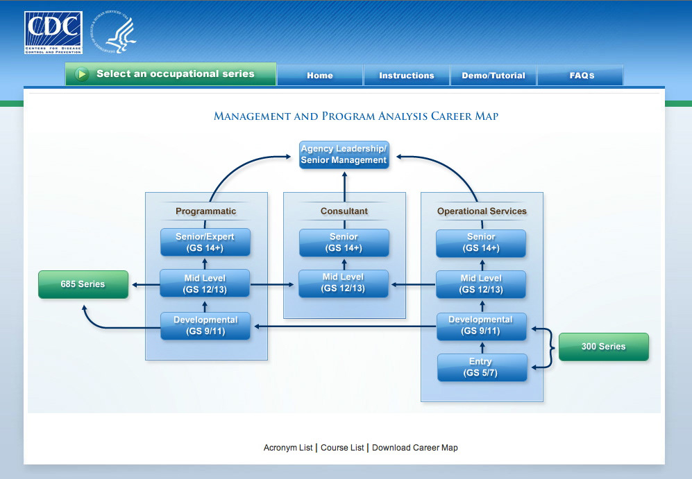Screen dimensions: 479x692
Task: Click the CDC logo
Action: [53, 33]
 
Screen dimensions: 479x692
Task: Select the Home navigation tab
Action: [320, 76]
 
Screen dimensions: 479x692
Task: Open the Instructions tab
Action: [407, 76]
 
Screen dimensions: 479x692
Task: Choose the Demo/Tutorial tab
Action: [493, 76]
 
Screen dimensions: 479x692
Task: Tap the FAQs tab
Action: [582, 76]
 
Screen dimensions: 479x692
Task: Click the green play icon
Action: [82, 74]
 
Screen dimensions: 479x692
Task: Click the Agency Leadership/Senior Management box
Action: [344, 155]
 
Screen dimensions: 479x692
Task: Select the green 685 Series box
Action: [83, 284]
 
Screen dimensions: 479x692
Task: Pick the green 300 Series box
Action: [603, 347]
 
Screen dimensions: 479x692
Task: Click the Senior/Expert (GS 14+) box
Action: [205, 243]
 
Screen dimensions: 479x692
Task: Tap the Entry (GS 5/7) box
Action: [481, 367]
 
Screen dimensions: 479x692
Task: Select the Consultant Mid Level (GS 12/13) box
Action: [344, 283]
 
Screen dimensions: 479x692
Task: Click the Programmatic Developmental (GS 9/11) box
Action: [205, 326]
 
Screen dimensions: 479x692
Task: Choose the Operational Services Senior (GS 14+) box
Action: [481, 243]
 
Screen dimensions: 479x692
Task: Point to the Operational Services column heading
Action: [482, 211]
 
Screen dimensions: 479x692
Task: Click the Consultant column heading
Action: [344, 211]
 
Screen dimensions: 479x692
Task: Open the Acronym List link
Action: [288, 448]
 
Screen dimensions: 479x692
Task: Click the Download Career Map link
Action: [415, 448]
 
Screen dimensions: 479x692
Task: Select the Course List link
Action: [342, 448]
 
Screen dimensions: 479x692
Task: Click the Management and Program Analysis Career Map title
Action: [355, 116]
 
